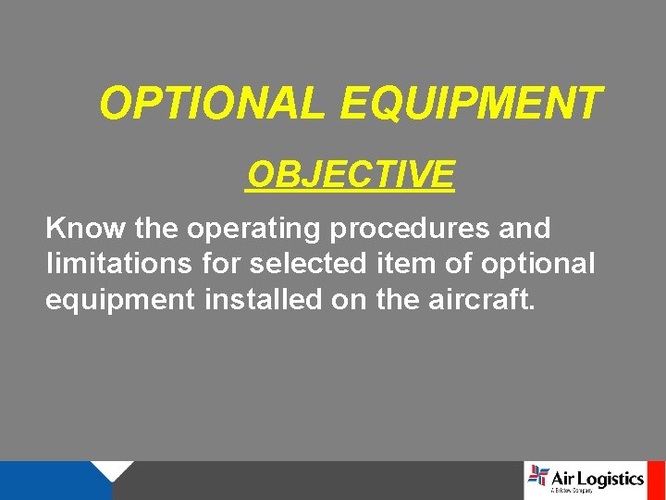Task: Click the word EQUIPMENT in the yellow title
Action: coord(471,104)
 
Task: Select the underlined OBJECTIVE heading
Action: coord(351,174)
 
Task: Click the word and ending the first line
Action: coord(525,228)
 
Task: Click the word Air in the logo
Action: coord(565,478)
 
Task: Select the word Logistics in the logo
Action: coord(612,479)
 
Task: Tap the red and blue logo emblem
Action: coord(537,476)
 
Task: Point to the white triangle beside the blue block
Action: coord(115,469)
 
